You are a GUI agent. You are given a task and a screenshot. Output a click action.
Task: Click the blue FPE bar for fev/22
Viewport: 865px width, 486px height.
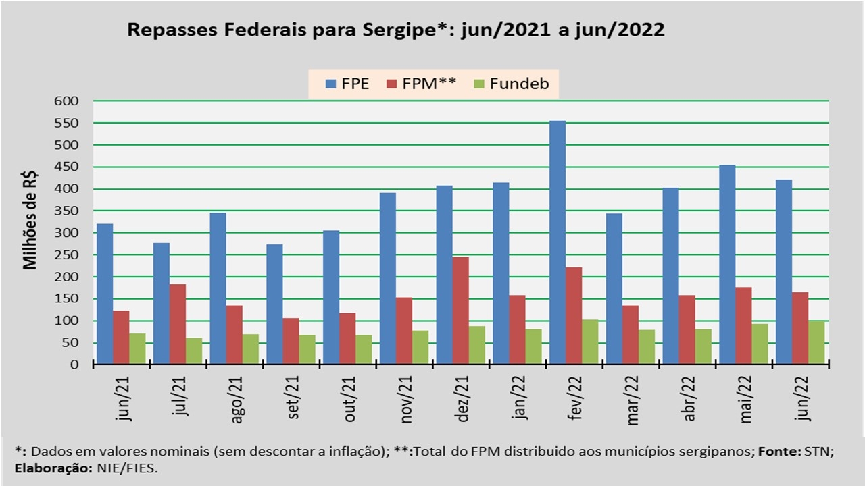[558, 243]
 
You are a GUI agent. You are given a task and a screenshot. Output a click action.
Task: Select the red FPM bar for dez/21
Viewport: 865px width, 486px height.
[461, 310]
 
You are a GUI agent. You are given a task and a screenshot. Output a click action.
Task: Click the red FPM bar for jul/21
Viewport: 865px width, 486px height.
[178, 324]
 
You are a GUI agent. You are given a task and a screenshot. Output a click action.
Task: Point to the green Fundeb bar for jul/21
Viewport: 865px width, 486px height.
[194, 351]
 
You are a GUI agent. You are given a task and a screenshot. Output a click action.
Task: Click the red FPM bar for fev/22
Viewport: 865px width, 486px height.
[574, 316]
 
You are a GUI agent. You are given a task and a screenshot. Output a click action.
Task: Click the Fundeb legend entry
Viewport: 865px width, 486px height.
[511, 84]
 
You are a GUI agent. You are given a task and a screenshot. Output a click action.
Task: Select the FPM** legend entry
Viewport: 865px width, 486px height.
[420, 84]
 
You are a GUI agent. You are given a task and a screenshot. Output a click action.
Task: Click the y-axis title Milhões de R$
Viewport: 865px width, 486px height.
[30, 220]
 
